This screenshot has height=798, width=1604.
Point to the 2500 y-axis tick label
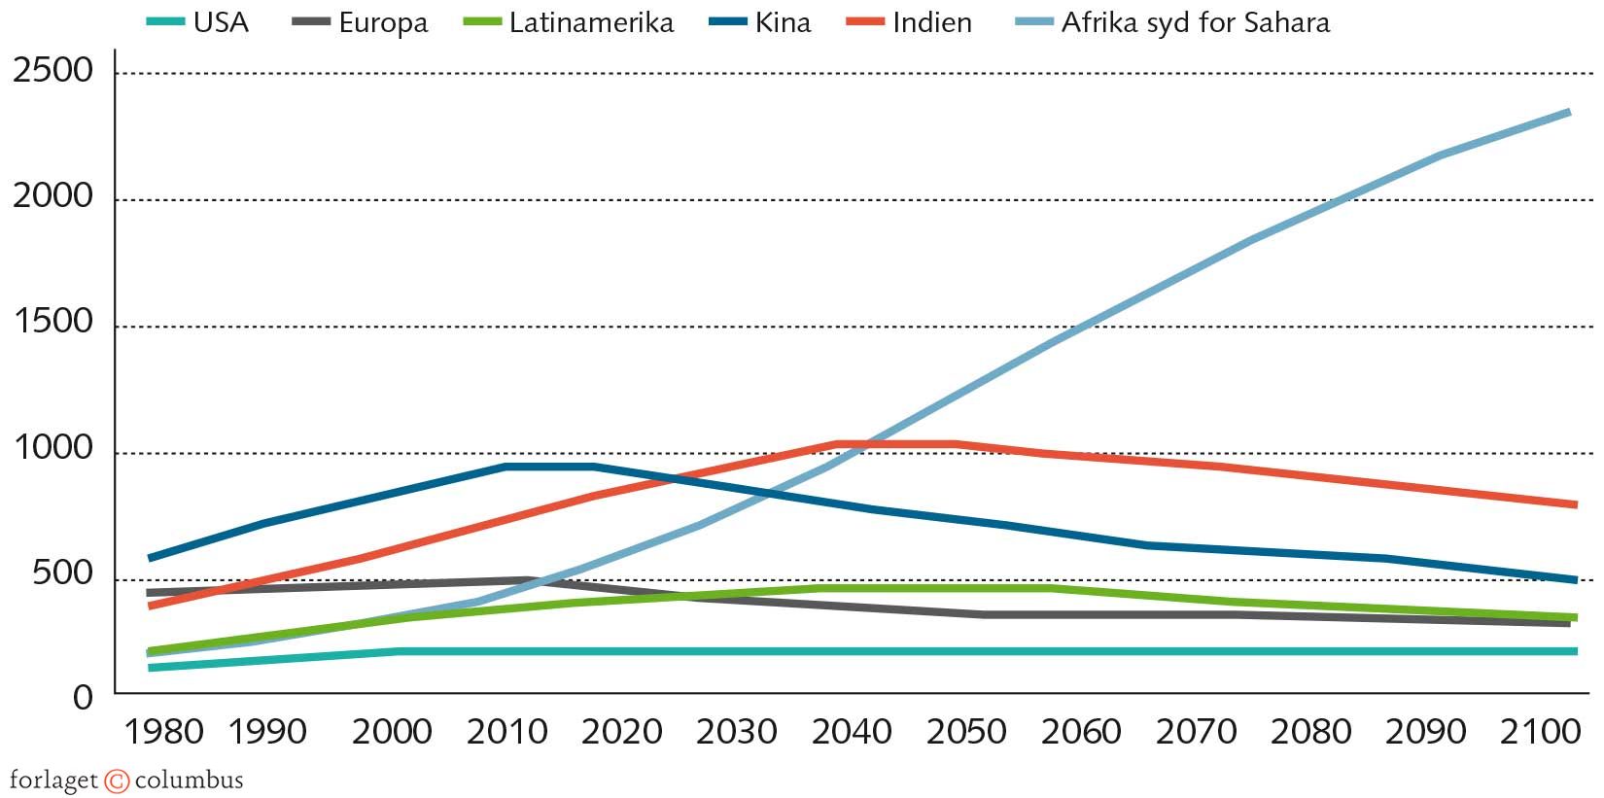52,70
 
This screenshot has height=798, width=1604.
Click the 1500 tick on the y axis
52,322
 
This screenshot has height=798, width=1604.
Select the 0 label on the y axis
83,697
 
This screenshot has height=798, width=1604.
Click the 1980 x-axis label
163,732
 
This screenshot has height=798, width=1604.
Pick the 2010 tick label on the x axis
506,732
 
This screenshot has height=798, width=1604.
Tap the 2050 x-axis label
965,732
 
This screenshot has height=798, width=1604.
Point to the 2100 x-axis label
1540,732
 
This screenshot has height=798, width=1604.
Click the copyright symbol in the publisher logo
117,781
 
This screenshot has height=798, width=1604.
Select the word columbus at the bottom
189,780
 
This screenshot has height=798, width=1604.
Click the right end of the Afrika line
1568,113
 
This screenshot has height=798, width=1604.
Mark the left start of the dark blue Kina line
151,558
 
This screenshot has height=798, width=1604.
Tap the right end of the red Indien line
1574,504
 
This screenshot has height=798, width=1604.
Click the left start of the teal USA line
151,668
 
